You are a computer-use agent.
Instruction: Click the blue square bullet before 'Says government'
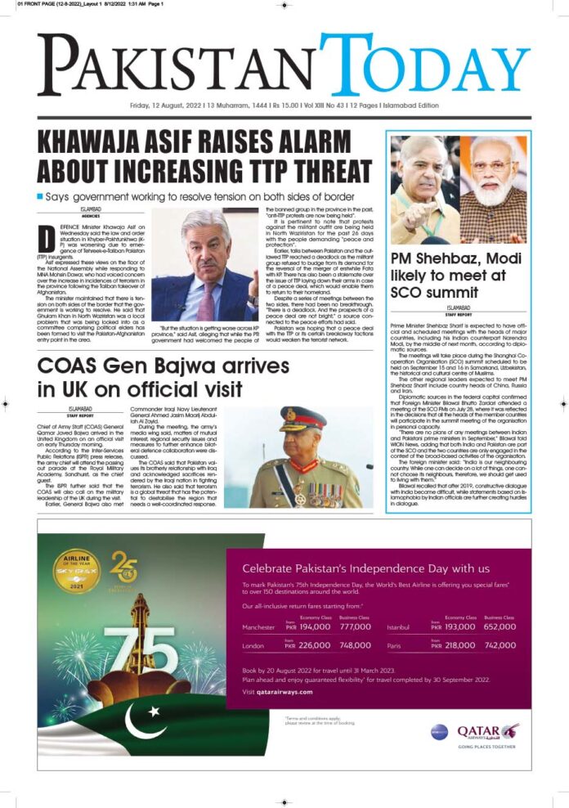click(40, 197)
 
